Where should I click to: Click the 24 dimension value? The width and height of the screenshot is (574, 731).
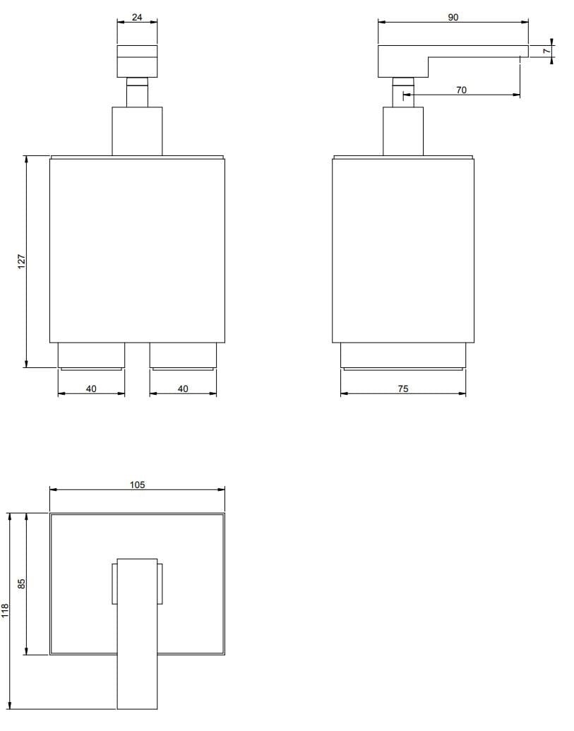tap(137, 17)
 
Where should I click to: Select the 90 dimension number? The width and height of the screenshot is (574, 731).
tap(453, 17)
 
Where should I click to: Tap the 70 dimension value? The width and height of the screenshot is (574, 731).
tap(461, 90)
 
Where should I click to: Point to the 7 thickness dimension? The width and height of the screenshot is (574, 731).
tap(546, 51)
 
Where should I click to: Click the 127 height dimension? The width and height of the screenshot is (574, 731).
tap(21, 261)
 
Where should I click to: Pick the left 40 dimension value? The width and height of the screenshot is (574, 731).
tap(91, 388)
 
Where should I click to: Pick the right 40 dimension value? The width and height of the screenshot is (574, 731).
tap(183, 388)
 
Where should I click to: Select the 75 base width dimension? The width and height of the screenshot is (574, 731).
tap(403, 388)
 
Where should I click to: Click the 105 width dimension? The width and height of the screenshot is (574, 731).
tap(137, 485)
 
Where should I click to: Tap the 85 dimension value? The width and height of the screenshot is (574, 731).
tap(21, 583)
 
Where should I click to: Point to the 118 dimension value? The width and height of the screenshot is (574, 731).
tap(6, 611)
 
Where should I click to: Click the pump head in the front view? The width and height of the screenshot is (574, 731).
tap(137, 60)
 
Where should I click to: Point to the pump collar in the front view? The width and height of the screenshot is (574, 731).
tap(137, 131)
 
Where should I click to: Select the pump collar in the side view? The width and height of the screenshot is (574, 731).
tap(403, 131)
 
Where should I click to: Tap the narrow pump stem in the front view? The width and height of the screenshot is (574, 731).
tap(137, 94)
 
